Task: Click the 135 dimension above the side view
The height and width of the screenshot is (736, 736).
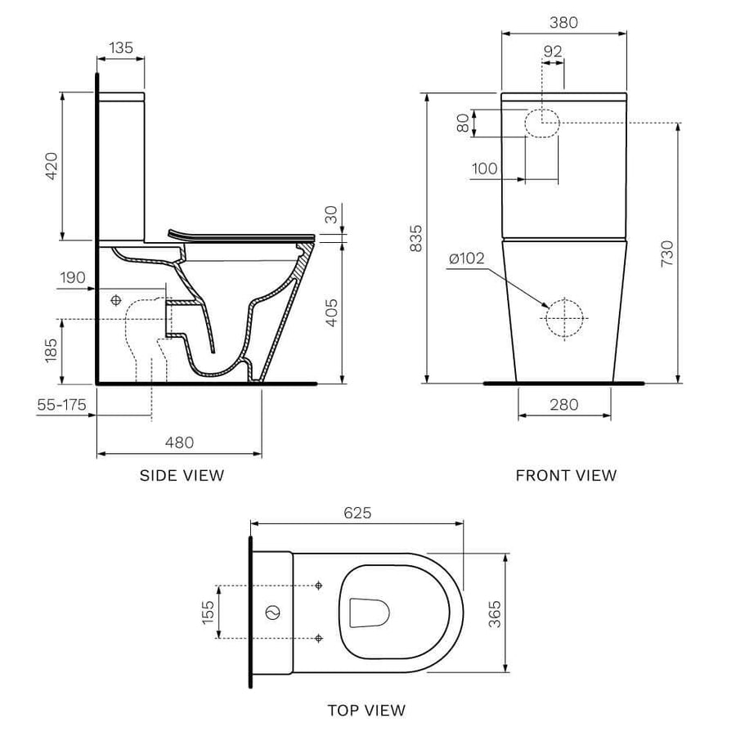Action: pos(120,47)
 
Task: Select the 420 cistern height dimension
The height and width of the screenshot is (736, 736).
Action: pos(51,166)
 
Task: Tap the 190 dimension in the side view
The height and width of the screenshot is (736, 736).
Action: pos(72,278)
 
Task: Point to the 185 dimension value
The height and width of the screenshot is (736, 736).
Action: pos(51,350)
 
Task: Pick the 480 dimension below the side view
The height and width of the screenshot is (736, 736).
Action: pos(179,442)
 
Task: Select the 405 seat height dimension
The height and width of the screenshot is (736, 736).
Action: pos(330,311)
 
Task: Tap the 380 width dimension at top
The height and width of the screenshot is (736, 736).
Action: pos(563,23)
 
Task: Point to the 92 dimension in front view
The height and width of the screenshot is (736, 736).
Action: pos(553,51)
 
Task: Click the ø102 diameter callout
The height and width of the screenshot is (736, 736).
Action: pos(466,259)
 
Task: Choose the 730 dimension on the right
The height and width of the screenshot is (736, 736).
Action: pos(666,254)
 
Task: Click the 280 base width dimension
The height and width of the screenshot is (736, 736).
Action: pos(563,404)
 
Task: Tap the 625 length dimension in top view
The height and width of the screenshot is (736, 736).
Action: pos(357,513)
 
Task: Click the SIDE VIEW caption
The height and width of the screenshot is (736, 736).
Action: pos(182,475)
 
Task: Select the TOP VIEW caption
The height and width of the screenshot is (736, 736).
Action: pos(366,710)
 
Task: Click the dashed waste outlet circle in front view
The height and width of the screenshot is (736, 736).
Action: pos(564,318)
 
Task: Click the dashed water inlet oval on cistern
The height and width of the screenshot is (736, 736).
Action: pos(541,123)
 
